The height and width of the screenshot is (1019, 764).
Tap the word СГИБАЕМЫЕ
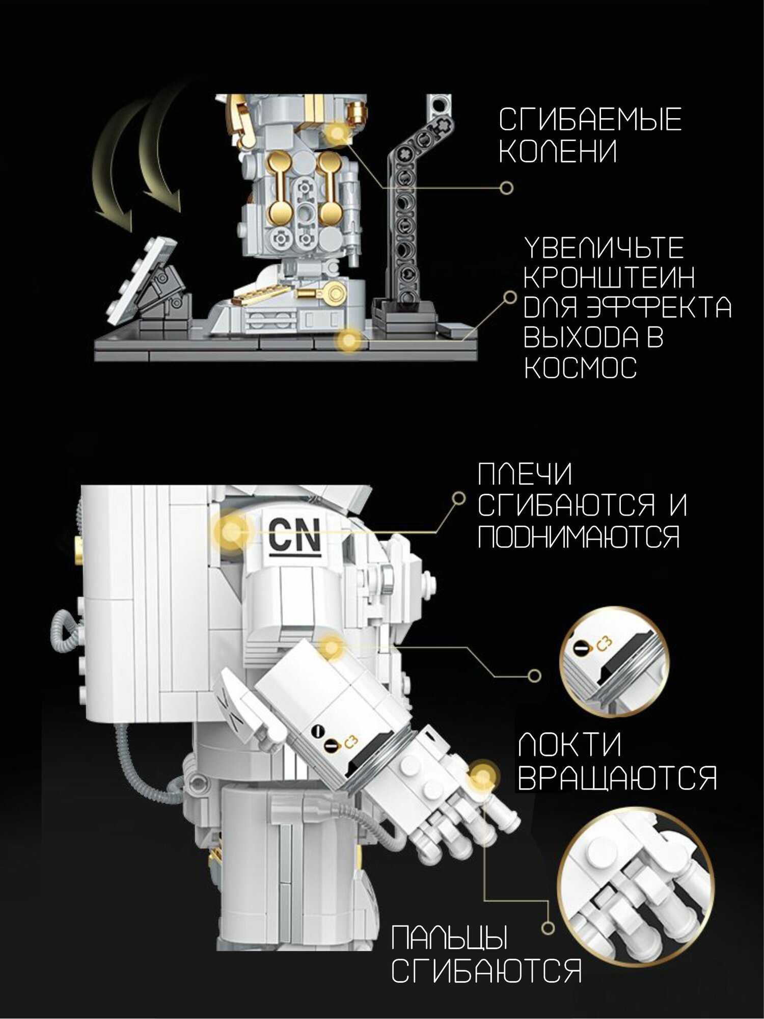pyautogui.click(x=590, y=120)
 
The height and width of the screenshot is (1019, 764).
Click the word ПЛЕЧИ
pyautogui.click(x=525, y=474)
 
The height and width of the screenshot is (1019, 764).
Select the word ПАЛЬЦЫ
pyautogui.click(x=450, y=937)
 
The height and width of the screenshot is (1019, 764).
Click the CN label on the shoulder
pyautogui.click(x=294, y=534)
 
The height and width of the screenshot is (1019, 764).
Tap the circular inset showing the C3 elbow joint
pyautogui.click(x=615, y=662)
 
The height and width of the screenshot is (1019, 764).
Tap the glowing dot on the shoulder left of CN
pyautogui.click(x=232, y=531)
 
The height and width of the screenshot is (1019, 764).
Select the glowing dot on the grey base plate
pyautogui.click(x=349, y=339)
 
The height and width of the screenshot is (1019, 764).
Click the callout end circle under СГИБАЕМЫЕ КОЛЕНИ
pyautogui.click(x=506, y=188)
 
